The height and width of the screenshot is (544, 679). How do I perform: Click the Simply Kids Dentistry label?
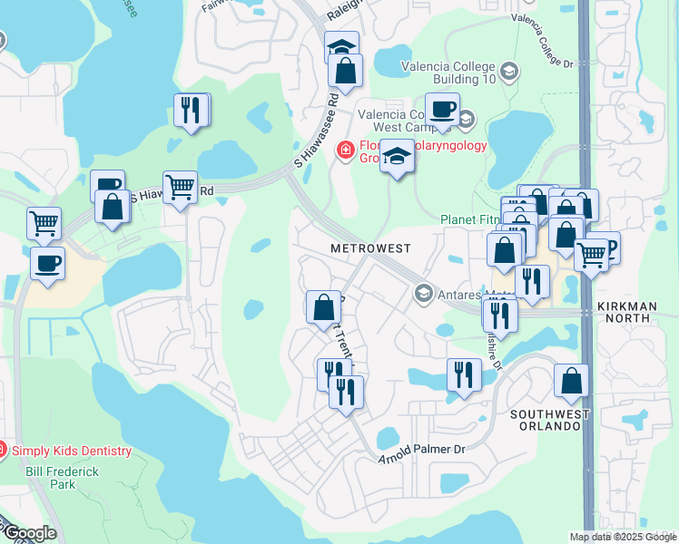(x=72, y=451)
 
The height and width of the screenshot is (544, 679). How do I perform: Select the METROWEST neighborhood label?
(x=370, y=248)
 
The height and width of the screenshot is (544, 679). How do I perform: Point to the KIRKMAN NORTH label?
(x=627, y=313)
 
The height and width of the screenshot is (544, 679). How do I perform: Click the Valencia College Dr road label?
(x=543, y=41)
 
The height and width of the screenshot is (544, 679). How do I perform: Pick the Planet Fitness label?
(x=470, y=219)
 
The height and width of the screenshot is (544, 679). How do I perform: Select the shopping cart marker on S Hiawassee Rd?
(x=181, y=188)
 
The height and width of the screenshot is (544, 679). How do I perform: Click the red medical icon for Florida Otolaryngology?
(x=345, y=150)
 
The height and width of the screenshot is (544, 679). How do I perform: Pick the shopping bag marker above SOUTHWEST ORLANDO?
(x=571, y=381)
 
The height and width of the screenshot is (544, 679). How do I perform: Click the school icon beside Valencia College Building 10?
(x=509, y=70)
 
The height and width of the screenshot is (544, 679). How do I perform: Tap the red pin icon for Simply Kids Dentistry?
(x=2, y=449)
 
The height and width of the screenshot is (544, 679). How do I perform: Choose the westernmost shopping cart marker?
(x=44, y=223)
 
